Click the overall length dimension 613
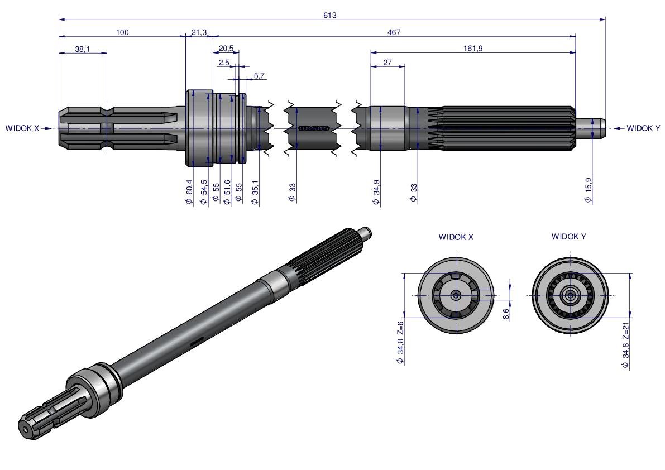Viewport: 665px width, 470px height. point(329,15)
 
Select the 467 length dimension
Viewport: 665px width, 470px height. point(394,32)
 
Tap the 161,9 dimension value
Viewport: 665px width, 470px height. point(473,49)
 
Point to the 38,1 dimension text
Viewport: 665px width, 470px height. point(82,49)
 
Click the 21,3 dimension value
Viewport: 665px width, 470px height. point(199,33)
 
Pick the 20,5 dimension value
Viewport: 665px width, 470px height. point(226,49)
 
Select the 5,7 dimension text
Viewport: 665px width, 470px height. point(260,75)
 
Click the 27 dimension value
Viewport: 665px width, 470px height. point(387,63)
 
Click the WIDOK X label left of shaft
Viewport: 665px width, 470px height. point(22,128)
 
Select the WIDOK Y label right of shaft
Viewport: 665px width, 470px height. point(643,128)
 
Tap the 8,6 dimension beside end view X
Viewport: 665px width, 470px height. point(506,314)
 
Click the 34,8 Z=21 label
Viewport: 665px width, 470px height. point(626,344)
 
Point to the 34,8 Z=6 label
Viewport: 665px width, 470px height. point(400,343)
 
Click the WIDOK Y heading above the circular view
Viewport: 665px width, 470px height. point(569,237)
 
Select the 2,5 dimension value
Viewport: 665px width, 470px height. point(223,63)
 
